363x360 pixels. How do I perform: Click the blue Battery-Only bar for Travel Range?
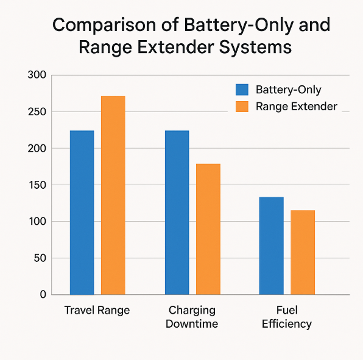(82, 213)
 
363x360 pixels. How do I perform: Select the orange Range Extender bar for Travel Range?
(113, 196)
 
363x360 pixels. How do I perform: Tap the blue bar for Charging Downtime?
(177, 213)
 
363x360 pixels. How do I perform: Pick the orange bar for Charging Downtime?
(208, 229)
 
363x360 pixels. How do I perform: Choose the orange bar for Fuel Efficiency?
(303, 252)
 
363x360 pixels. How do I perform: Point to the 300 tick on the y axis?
(37, 76)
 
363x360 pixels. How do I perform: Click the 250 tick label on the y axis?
(37, 112)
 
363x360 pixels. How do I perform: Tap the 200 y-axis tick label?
(37, 149)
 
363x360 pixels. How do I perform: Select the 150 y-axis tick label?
(37, 185)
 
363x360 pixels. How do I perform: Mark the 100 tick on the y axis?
(37, 222)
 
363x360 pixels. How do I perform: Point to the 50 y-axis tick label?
(40, 258)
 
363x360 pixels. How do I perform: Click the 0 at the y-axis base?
(43, 295)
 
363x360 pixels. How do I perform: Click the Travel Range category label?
(97, 310)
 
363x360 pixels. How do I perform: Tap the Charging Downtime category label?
(192, 317)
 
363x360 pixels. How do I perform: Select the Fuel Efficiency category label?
(287, 317)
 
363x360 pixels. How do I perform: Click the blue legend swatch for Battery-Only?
(242, 90)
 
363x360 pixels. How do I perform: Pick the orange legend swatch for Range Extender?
(242, 107)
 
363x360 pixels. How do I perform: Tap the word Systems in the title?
(252, 48)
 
